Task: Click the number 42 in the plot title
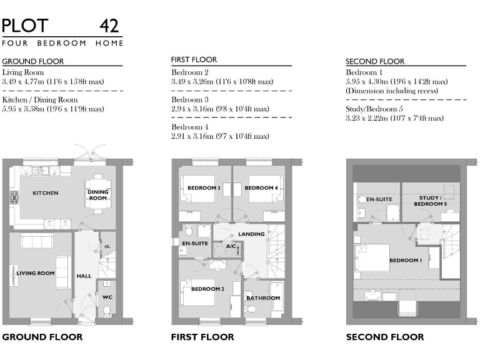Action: tap(110, 26)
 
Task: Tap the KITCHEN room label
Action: tap(45, 193)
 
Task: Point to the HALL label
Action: tap(84, 276)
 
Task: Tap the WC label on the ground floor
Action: tap(107, 297)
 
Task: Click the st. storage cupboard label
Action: tap(107, 246)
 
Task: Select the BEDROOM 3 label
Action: tap(204, 188)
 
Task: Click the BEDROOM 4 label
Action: tap(261, 188)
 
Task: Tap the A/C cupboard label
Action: tap(231, 246)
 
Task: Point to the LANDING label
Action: tap(251, 234)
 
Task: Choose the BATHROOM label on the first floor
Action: tap(262, 298)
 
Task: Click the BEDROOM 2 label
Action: tap(207, 289)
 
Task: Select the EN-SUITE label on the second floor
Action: tap(379, 199)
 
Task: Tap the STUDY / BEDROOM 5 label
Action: tap(430, 201)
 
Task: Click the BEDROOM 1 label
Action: tap(406, 261)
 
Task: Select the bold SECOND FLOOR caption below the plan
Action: tap(384, 337)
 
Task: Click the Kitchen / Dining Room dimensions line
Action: tap(52, 109)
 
